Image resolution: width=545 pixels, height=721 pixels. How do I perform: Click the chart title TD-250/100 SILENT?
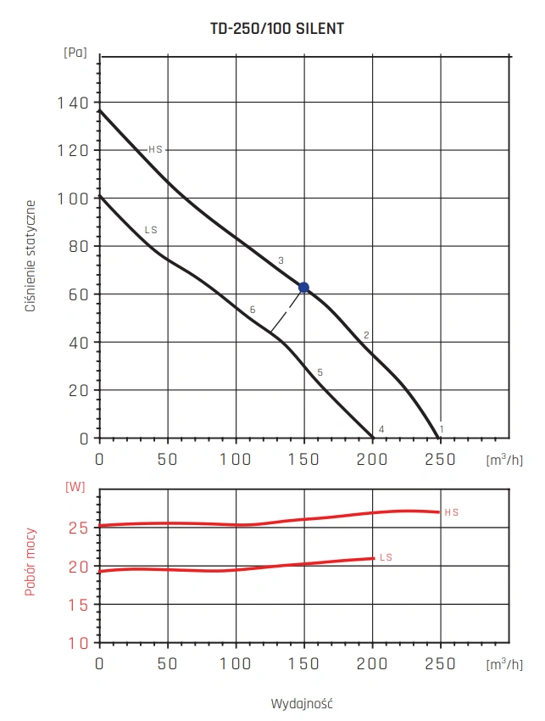point(276,29)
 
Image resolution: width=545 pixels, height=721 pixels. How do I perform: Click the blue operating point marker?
point(303,288)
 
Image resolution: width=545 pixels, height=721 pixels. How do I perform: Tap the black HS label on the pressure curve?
point(155,149)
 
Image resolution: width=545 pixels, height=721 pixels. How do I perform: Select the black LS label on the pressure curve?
point(151,230)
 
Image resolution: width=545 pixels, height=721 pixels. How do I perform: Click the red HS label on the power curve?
point(451,512)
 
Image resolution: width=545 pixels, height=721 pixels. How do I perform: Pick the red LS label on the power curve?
point(386,557)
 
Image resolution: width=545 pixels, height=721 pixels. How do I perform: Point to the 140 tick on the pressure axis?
point(73,103)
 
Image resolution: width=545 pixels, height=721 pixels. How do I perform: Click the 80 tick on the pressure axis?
point(79,247)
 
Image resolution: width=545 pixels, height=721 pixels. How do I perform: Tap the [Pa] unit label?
point(75,53)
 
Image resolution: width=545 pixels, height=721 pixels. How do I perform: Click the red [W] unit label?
point(75,487)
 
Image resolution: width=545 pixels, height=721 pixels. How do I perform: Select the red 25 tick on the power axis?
point(79,528)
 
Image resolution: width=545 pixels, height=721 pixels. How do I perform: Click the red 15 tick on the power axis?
point(79,604)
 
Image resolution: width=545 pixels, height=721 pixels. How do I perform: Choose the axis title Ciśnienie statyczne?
point(31,256)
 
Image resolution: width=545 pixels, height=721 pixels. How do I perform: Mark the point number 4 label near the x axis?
point(381,429)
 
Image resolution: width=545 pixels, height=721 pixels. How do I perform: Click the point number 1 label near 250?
point(442,429)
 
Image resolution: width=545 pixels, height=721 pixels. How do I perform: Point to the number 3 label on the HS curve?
point(281,260)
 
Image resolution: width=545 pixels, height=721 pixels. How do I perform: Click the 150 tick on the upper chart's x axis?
point(303,459)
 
